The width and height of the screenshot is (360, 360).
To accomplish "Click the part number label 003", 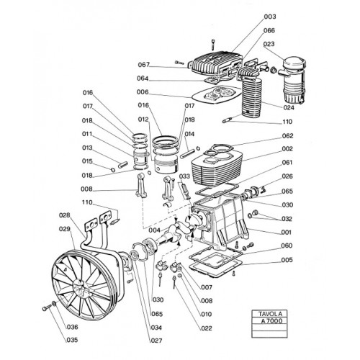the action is [270, 17].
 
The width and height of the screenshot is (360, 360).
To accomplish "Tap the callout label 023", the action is [269, 44].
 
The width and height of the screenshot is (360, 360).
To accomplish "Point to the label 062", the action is [287, 136].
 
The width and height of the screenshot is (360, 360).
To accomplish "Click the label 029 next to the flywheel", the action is [65, 229].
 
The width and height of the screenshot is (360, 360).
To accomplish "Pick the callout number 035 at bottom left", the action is [72, 340].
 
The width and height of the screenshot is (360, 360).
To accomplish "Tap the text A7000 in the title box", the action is [271, 321].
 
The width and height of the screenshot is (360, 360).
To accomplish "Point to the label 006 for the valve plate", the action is [143, 92].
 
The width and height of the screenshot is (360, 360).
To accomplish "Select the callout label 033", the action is [184, 176].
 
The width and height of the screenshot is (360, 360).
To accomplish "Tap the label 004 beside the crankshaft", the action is [154, 230].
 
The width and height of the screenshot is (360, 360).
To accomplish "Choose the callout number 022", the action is [207, 328].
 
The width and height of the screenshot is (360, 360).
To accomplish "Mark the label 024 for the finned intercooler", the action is [289, 107].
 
